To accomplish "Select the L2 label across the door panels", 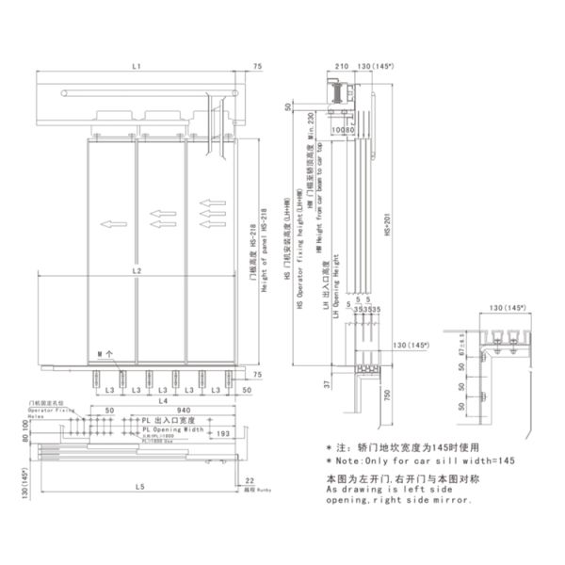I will [137, 271].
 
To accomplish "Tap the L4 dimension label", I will [137, 402].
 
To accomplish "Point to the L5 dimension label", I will [138, 486].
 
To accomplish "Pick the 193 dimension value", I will [223, 432].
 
